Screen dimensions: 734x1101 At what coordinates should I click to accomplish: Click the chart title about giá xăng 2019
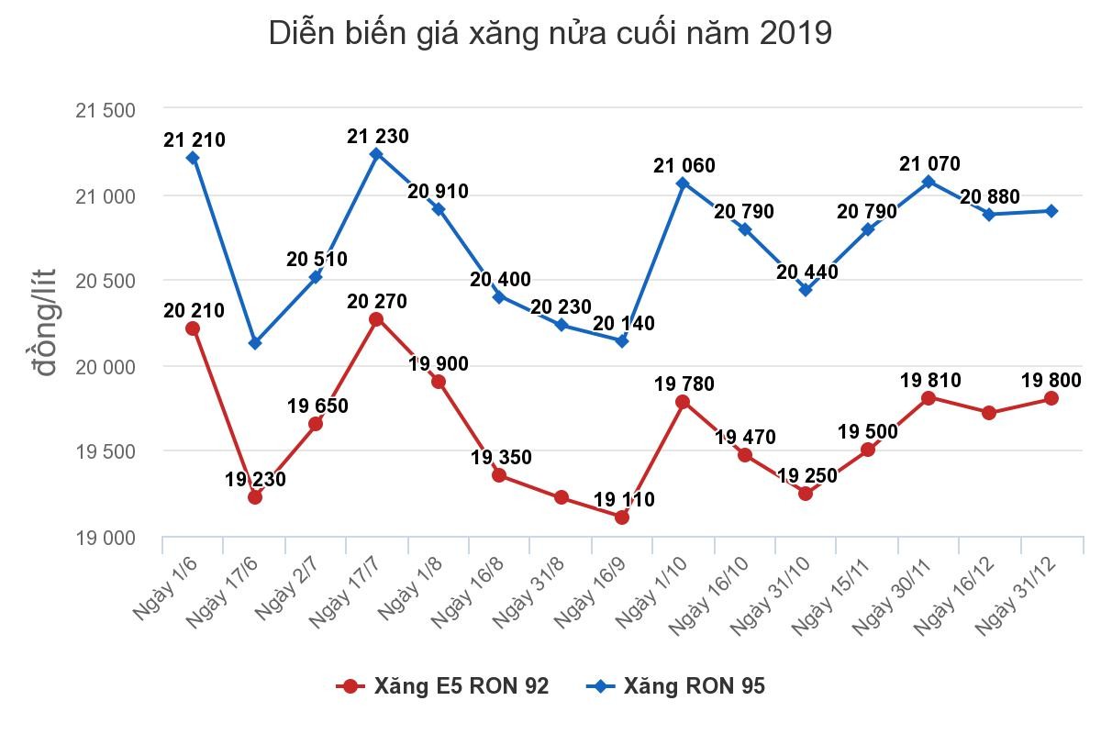(x=550, y=34)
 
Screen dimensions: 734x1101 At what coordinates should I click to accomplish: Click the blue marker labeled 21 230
(x=376, y=154)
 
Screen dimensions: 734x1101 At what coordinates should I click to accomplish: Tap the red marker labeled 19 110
(x=621, y=517)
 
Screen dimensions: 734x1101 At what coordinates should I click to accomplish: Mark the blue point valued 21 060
(x=683, y=183)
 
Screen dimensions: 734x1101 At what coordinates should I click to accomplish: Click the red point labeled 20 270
(x=376, y=319)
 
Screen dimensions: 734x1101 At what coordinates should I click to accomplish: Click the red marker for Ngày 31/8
(x=561, y=497)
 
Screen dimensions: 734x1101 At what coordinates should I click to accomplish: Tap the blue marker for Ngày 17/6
(x=255, y=343)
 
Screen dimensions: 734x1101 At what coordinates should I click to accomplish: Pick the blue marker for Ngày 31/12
(x=1051, y=211)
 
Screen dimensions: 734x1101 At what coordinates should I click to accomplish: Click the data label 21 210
(x=195, y=140)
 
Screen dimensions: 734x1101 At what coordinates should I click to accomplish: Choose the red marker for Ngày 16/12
(x=989, y=413)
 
